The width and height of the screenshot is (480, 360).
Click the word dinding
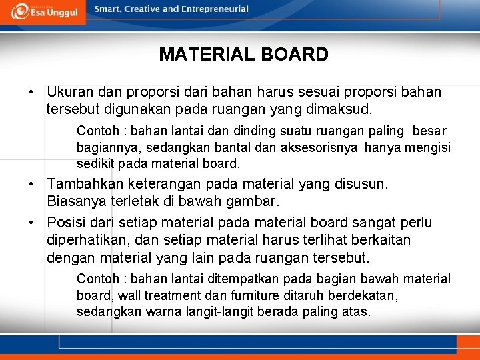point(261,131)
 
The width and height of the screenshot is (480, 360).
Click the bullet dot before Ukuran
point(31,91)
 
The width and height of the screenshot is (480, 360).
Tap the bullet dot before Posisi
point(31,223)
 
